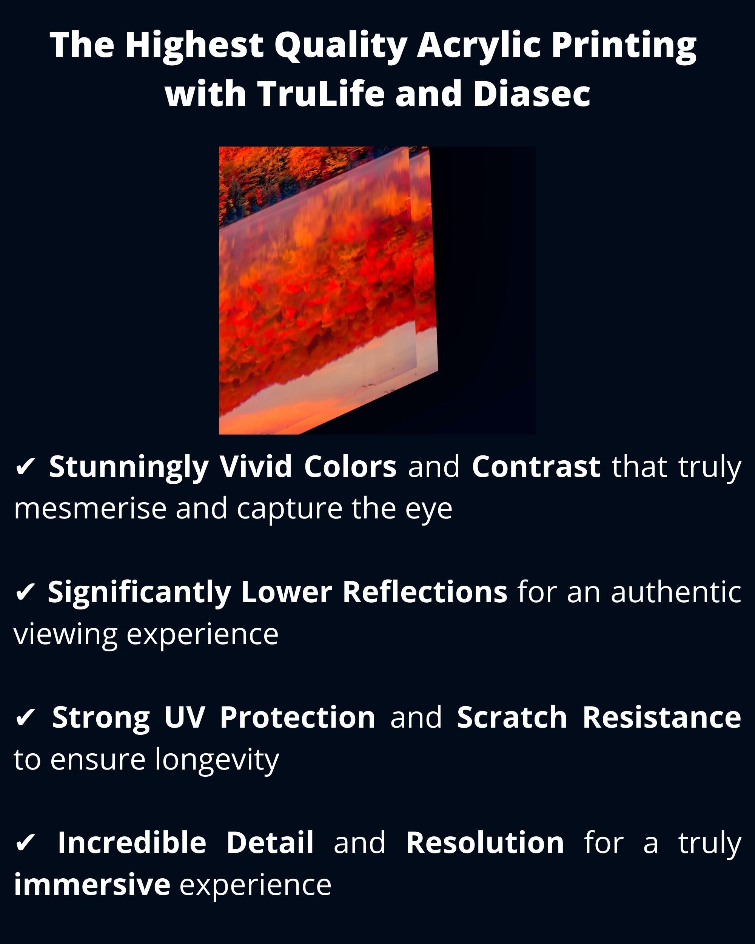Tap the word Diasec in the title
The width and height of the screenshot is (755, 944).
[532, 94]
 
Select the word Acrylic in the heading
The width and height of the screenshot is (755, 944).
[478, 46]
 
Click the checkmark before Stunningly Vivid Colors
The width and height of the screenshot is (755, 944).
[25, 467]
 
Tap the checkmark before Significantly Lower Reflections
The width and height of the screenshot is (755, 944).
[25, 593]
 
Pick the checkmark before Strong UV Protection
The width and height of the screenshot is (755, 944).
[25, 718]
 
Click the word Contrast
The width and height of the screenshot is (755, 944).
[536, 467]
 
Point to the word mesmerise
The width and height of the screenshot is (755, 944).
[90, 509]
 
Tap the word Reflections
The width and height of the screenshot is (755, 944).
[425, 592]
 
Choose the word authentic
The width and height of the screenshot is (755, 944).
[676, 592]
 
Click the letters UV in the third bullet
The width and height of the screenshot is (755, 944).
[184, 718]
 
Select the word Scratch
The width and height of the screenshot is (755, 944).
[512, 718]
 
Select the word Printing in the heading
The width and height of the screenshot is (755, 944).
[624, 46]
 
